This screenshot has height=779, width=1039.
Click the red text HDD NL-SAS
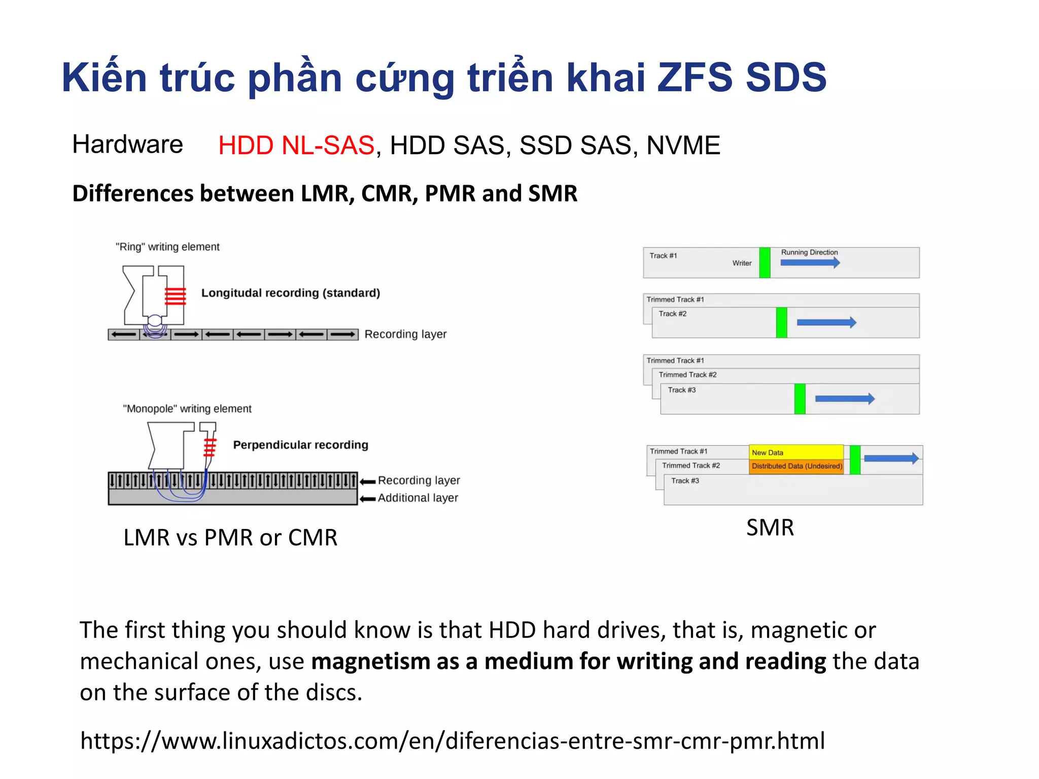(296, 146)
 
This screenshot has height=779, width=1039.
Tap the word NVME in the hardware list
(683, 146)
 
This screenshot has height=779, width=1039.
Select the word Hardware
(127, 145)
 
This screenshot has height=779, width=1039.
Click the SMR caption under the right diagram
(770, 527)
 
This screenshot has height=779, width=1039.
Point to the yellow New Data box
(795, 452)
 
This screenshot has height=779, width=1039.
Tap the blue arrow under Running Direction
(810, 263)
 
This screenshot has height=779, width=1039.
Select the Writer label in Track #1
(742, 263)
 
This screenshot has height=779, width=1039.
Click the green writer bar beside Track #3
(800, 399)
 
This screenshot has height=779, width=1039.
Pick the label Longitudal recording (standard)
(291, 293)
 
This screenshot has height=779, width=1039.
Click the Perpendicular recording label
(300, 445)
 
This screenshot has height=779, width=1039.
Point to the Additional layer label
(418, 498)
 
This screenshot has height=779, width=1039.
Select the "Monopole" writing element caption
(187, 409)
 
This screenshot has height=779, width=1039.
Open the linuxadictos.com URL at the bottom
(453, 741)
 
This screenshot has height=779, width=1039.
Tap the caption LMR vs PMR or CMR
(230, 538)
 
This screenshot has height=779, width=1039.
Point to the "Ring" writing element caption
(167, 247)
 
